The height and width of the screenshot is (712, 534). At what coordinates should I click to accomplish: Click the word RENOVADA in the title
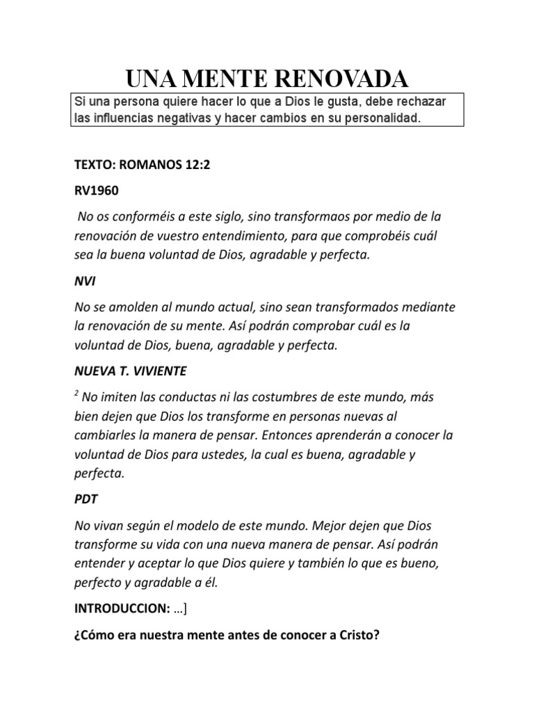[x=346, y=76]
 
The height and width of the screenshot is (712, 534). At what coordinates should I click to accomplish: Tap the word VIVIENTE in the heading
[x=161, y=371]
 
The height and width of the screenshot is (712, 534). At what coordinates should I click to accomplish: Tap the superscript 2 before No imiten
[x=75, y=393]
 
